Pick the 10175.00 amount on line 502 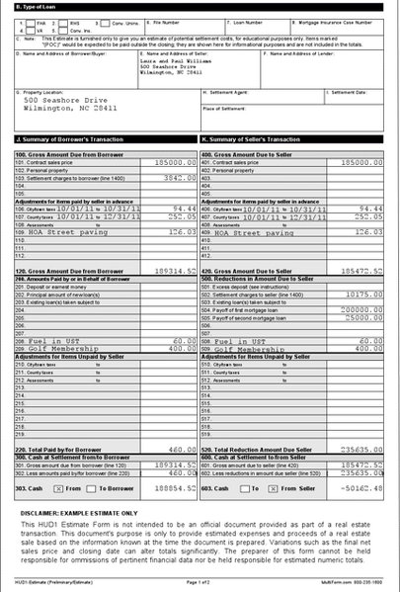tap(364, 295)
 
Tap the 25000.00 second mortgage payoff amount tap(364, 317)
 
